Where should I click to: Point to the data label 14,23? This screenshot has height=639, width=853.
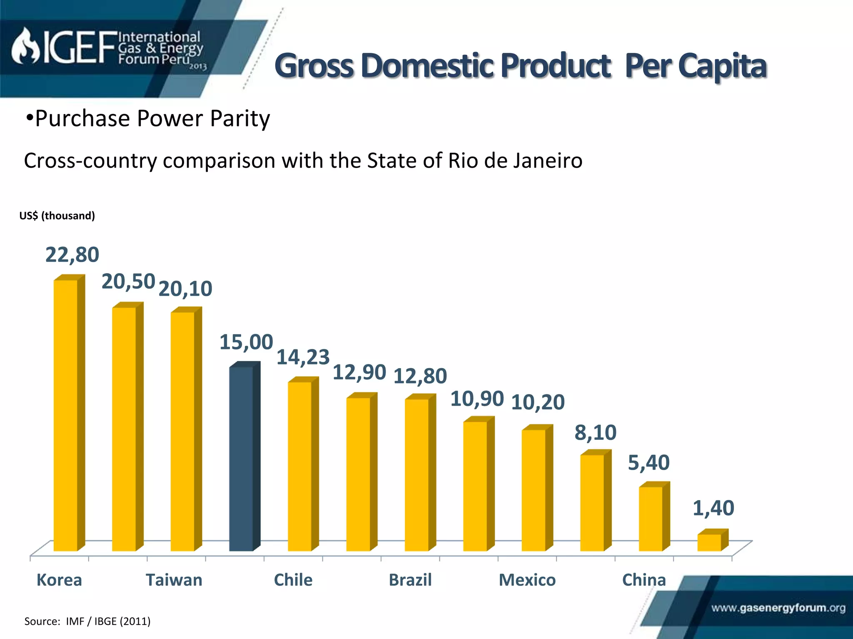tap(303, 357)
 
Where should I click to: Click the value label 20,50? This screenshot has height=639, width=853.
tap(128, 282)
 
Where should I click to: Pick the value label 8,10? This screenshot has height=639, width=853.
tap(595, 433)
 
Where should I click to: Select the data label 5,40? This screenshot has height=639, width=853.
tap(648, 463)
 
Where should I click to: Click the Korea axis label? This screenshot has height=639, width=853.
tap(59, 580)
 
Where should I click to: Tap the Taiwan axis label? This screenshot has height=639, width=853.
tap(174, 580)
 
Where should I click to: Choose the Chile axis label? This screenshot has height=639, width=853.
tap(293, 580)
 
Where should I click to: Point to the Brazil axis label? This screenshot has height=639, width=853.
tap(410, 580)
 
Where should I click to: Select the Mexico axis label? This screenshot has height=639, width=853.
tap(527, 580)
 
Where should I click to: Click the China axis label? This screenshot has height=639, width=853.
tap(644, 580)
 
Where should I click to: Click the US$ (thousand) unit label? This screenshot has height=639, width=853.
tap(57, 215)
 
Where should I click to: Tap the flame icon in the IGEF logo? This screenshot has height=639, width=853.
tap(25, 47)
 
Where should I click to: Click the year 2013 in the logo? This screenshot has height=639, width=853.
tap(198, 67)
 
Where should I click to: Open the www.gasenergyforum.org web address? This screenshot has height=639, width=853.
tap(778, 608)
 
